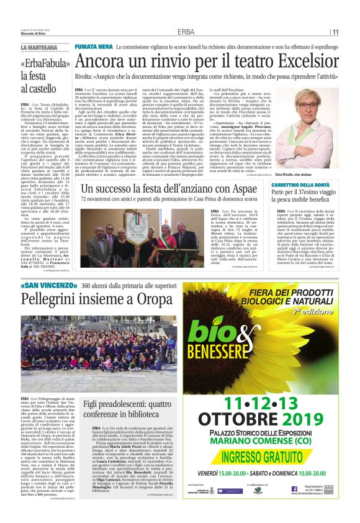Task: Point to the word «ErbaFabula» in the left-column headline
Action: [42, 64]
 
